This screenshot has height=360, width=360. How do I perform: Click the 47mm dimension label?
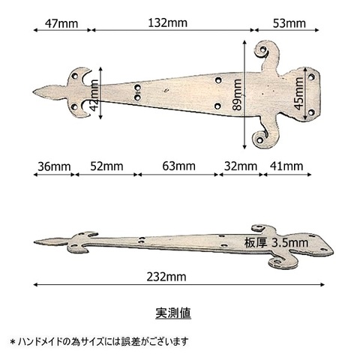(61, 24)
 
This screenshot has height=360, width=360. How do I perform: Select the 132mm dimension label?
(167, 23)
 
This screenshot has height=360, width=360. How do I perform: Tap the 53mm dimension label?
(289, 23)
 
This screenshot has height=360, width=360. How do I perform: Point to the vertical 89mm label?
(237, 94)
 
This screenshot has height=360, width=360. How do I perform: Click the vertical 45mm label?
(298, 94)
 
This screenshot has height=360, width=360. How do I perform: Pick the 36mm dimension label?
(54, 166)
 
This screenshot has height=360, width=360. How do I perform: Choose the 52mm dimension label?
(106, 166)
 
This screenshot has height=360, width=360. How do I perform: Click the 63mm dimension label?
(178, 166)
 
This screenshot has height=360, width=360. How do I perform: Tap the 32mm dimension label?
(241, 166)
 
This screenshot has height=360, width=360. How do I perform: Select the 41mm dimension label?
(286, 166)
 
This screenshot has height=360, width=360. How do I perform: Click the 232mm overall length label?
(166, 277)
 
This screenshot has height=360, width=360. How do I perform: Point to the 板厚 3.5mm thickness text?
(276, 243)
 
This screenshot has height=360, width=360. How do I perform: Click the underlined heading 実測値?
(173, 313)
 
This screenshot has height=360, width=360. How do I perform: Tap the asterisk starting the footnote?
(13, 341)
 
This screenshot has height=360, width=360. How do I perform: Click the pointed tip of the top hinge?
(34, 92)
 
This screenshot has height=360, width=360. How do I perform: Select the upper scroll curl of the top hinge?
(262, 50)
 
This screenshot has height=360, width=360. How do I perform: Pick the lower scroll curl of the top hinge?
(260, 139)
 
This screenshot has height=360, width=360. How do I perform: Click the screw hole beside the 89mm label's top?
(218, 80)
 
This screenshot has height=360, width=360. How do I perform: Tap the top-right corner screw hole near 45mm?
(311, 76)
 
